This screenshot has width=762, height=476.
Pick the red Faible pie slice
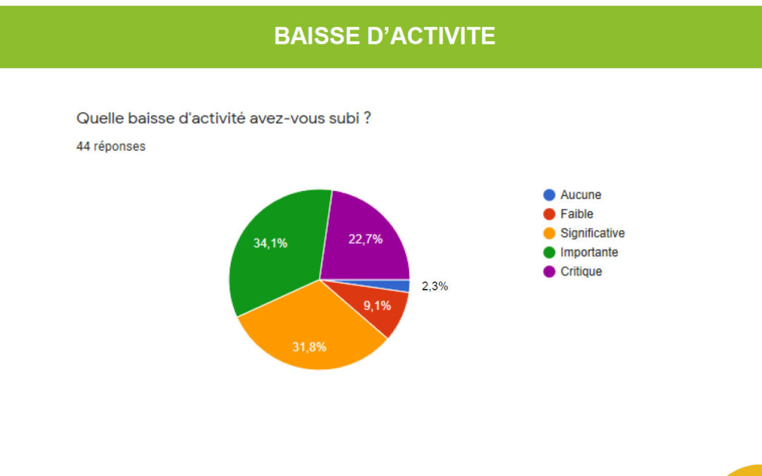pos(377,306)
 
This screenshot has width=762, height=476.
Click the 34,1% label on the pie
pos(270,243)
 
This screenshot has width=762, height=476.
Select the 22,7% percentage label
pos(365,239)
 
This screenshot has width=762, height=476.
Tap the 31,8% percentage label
pos(309,347)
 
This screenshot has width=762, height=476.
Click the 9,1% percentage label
pos(377,305)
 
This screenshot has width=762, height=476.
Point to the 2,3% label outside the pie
pos(435,286)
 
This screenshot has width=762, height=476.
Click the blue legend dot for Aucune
pos(549,195)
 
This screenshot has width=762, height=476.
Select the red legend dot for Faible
pos(549,214)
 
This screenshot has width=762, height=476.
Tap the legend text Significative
pos(593,233)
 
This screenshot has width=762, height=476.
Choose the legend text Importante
pos(589,252)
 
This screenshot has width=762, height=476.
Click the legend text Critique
pos(581,271)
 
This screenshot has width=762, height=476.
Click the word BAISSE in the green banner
pos(317,36)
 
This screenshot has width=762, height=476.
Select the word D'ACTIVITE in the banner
pos(431,36)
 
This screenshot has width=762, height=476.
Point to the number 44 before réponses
pos(83,146)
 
